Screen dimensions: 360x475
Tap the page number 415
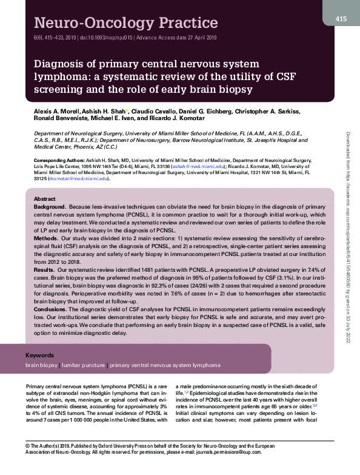tap(341, 19)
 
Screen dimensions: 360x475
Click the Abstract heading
tap(45, 200)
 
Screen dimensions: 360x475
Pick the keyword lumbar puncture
tap(83, 366)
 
